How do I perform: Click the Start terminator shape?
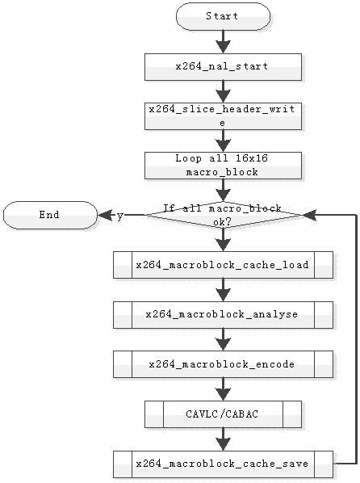pos(223,16)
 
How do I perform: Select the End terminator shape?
pos(50,215)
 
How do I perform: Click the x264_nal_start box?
pos(223,67)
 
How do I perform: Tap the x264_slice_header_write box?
pos(223,116)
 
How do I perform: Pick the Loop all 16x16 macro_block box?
pos(223,166)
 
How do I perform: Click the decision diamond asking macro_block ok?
pos(223,215)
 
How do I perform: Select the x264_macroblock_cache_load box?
pos(223,265)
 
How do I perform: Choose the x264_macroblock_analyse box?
pos(223,314)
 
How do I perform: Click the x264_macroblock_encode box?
pos(223,364)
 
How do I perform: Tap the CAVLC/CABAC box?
pos(223,414)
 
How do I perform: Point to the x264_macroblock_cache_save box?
pos(223,464)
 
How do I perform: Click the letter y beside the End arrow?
pos(120,216)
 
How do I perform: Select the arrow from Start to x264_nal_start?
pos(223,42)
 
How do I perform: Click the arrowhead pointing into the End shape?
pos(104,215)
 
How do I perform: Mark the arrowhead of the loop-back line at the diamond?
pos(309,215)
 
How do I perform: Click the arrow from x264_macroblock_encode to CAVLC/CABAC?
pos(223,389)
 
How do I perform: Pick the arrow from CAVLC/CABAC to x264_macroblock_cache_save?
pos(223,439)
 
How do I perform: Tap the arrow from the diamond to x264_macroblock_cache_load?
pos(223,240)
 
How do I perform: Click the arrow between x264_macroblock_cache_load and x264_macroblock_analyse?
pos(223,290)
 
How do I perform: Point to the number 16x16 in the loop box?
pos(252,158)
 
